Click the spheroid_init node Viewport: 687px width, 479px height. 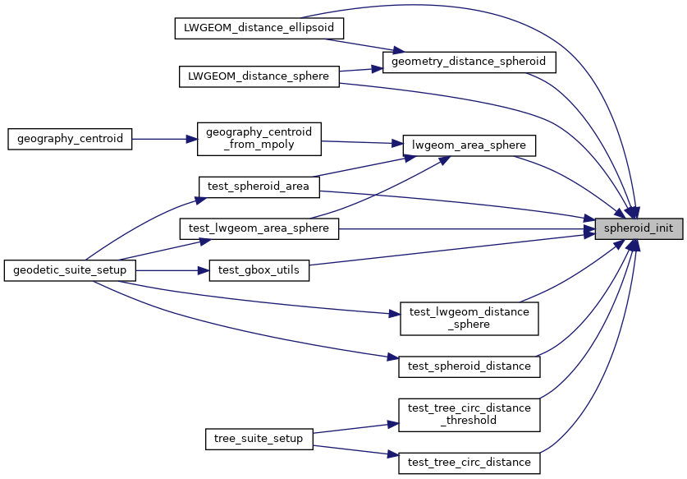639,229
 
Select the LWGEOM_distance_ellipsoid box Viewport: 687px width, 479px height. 259,27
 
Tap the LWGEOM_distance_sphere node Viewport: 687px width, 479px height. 259,76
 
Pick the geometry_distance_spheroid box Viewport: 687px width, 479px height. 469,62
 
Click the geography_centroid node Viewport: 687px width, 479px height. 70,139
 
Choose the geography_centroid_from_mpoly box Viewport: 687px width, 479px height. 259,139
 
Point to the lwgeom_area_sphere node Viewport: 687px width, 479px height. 469,146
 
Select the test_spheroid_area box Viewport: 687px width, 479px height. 259,187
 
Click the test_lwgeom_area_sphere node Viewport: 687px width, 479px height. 259,228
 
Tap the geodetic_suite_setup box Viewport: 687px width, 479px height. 70,270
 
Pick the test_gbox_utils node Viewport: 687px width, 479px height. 259,270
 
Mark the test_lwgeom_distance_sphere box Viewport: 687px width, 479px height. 469,318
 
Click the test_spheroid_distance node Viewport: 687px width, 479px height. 469,366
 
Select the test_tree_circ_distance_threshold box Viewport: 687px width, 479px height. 469,414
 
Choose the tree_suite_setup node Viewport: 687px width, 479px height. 259,439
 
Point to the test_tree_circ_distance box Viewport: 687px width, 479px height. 469,463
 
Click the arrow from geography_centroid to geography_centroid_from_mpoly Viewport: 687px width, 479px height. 165,139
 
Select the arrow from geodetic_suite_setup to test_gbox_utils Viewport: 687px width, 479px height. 172,270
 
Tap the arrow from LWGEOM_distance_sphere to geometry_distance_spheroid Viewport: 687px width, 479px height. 360,70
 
